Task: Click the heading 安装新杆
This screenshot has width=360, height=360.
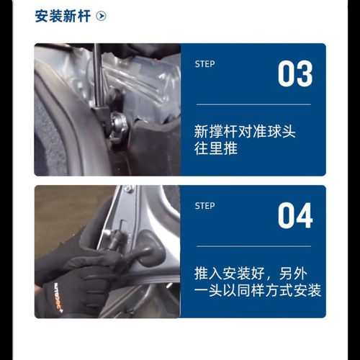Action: point(63,16)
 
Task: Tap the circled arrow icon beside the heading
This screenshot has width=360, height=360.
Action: point(101,16)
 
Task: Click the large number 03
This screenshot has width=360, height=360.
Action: point(295,75)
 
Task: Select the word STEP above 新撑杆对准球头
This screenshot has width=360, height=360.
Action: point(205,64)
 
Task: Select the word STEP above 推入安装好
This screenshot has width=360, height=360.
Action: point(205,206)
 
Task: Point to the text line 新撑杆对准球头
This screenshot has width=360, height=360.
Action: point(246,132)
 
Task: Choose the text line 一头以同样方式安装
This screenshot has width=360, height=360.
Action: point(258,292)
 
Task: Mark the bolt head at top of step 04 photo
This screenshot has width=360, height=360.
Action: point(128,189)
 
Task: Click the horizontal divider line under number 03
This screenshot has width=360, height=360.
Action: point(253,104)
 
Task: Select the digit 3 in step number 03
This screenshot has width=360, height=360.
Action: point(305,75)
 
